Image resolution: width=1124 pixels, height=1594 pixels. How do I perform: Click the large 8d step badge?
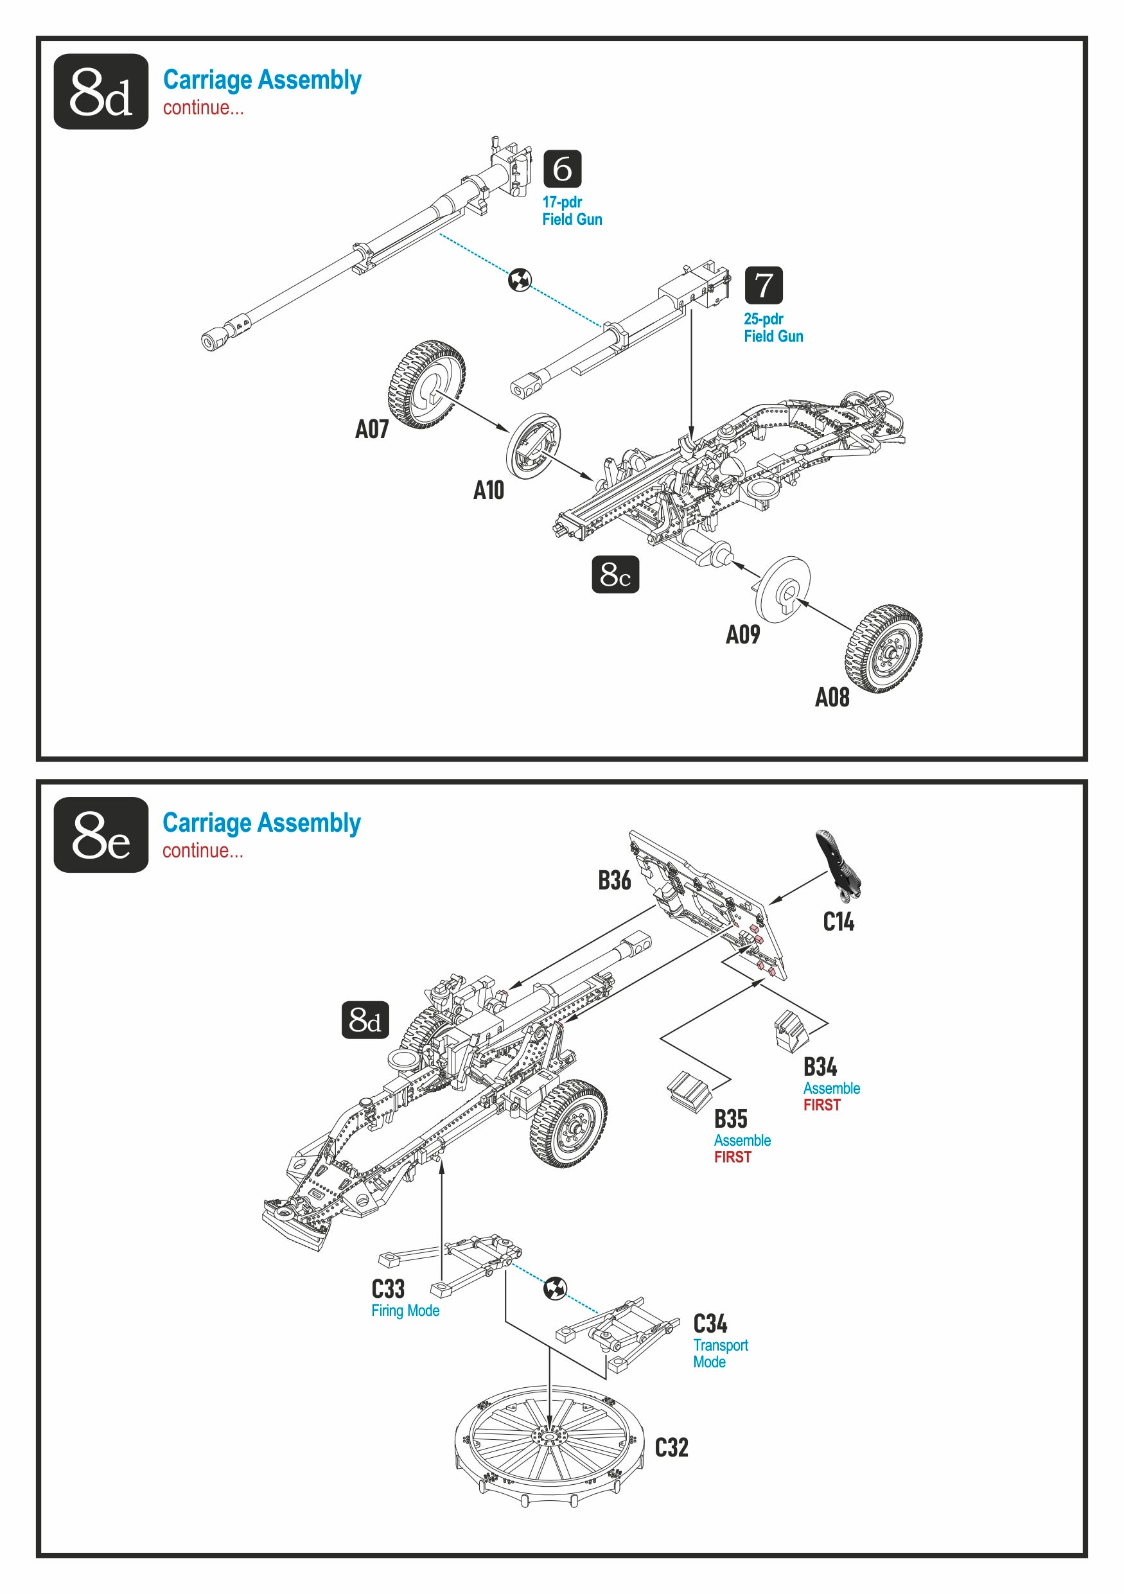101,92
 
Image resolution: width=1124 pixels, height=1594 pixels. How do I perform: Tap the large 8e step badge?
101,834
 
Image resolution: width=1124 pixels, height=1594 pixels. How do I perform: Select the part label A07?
371,429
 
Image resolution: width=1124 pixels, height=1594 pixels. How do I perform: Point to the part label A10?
488,490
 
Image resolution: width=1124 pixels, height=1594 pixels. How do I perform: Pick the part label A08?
832,697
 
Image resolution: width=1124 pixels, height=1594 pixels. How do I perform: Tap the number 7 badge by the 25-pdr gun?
763,285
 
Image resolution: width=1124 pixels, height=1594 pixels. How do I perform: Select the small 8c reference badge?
615,574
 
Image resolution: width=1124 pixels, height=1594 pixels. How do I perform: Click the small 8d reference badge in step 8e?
365,1020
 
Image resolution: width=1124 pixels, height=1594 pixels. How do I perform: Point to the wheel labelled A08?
883,649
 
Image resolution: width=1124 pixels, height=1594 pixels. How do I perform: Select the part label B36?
615,880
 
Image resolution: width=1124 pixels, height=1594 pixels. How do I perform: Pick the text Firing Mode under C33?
405,1310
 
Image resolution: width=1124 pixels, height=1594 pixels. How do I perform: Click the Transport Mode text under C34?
720,1353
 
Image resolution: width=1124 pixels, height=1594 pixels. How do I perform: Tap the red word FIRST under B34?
821,1105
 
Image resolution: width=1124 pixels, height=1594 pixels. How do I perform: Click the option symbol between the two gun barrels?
520,280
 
